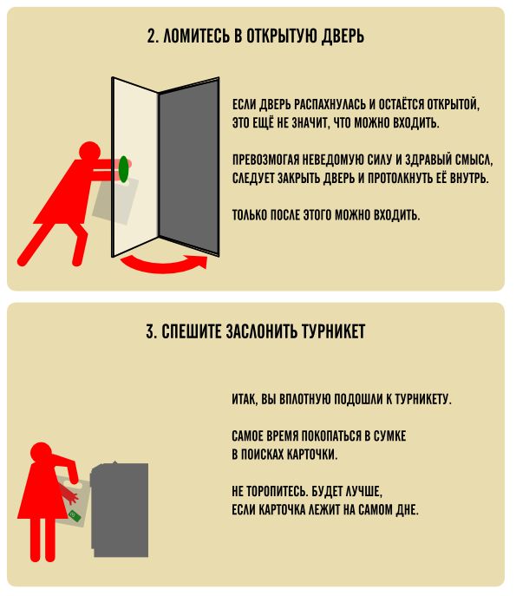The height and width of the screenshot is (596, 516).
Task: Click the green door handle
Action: point(123,169)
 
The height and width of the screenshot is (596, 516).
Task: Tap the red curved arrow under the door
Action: point(163,266)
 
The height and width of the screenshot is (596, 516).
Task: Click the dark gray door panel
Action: point(189,167)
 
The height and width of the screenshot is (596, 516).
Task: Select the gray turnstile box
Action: point(120,509)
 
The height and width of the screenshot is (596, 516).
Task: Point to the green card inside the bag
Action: point(75,516)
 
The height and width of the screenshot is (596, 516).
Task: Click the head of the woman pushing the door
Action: point(89,152)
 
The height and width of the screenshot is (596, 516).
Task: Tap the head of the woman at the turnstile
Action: point(41,453)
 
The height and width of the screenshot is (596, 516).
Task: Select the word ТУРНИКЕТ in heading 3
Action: point(333,331)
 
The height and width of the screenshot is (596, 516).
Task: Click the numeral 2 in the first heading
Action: point(152,36)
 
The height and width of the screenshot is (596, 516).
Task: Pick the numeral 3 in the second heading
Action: point(151,331)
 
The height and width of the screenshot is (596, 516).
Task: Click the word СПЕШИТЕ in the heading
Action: point(192,331)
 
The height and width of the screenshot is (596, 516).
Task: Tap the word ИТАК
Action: point(245,399)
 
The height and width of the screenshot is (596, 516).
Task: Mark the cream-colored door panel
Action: point(135,167)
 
